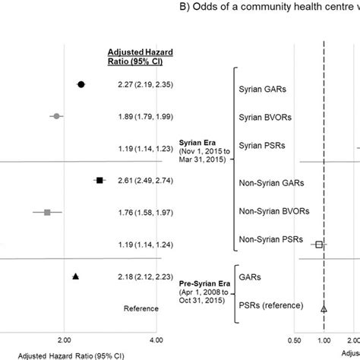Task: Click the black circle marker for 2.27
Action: coord(81,84)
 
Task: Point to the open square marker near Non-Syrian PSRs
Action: coord(320,245)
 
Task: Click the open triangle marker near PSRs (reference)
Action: coord(324,308)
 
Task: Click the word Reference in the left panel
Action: coord(141,308)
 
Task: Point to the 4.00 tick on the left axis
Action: coord(156,341)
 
